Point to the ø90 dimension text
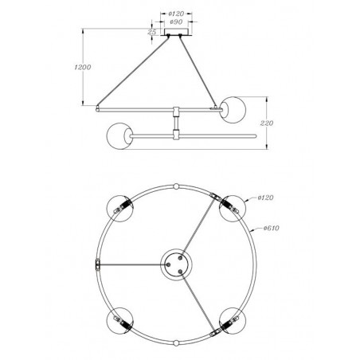click(178, 22)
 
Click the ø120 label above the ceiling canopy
click(178, 14)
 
